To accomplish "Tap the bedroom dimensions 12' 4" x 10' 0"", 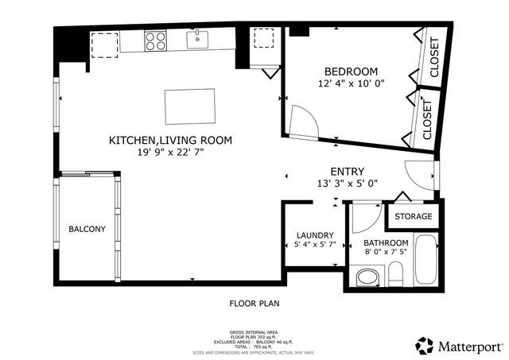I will click(x=351, y=83).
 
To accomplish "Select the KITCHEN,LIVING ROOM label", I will click(x=170, y=141).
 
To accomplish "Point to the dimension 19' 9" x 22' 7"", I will click(x=170, y=153).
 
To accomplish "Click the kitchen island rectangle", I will click(x=189, y=103).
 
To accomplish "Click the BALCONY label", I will click(x=87, y=229).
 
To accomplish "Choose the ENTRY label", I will click(x=348, y=172).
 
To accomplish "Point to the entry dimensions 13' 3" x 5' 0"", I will click(x=348, y=184).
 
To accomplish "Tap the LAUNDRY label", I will click(x=314, y=235).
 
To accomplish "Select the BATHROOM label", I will click(x=386, y=243).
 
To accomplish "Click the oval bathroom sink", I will click(x=368, y=277).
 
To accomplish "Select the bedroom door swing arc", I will click(x=304, y=121).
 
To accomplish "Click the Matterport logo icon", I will click(x=425, y=346).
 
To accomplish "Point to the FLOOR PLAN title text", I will click(x=254, y=303).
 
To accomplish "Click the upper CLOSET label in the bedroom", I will click(x=434, y=58).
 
